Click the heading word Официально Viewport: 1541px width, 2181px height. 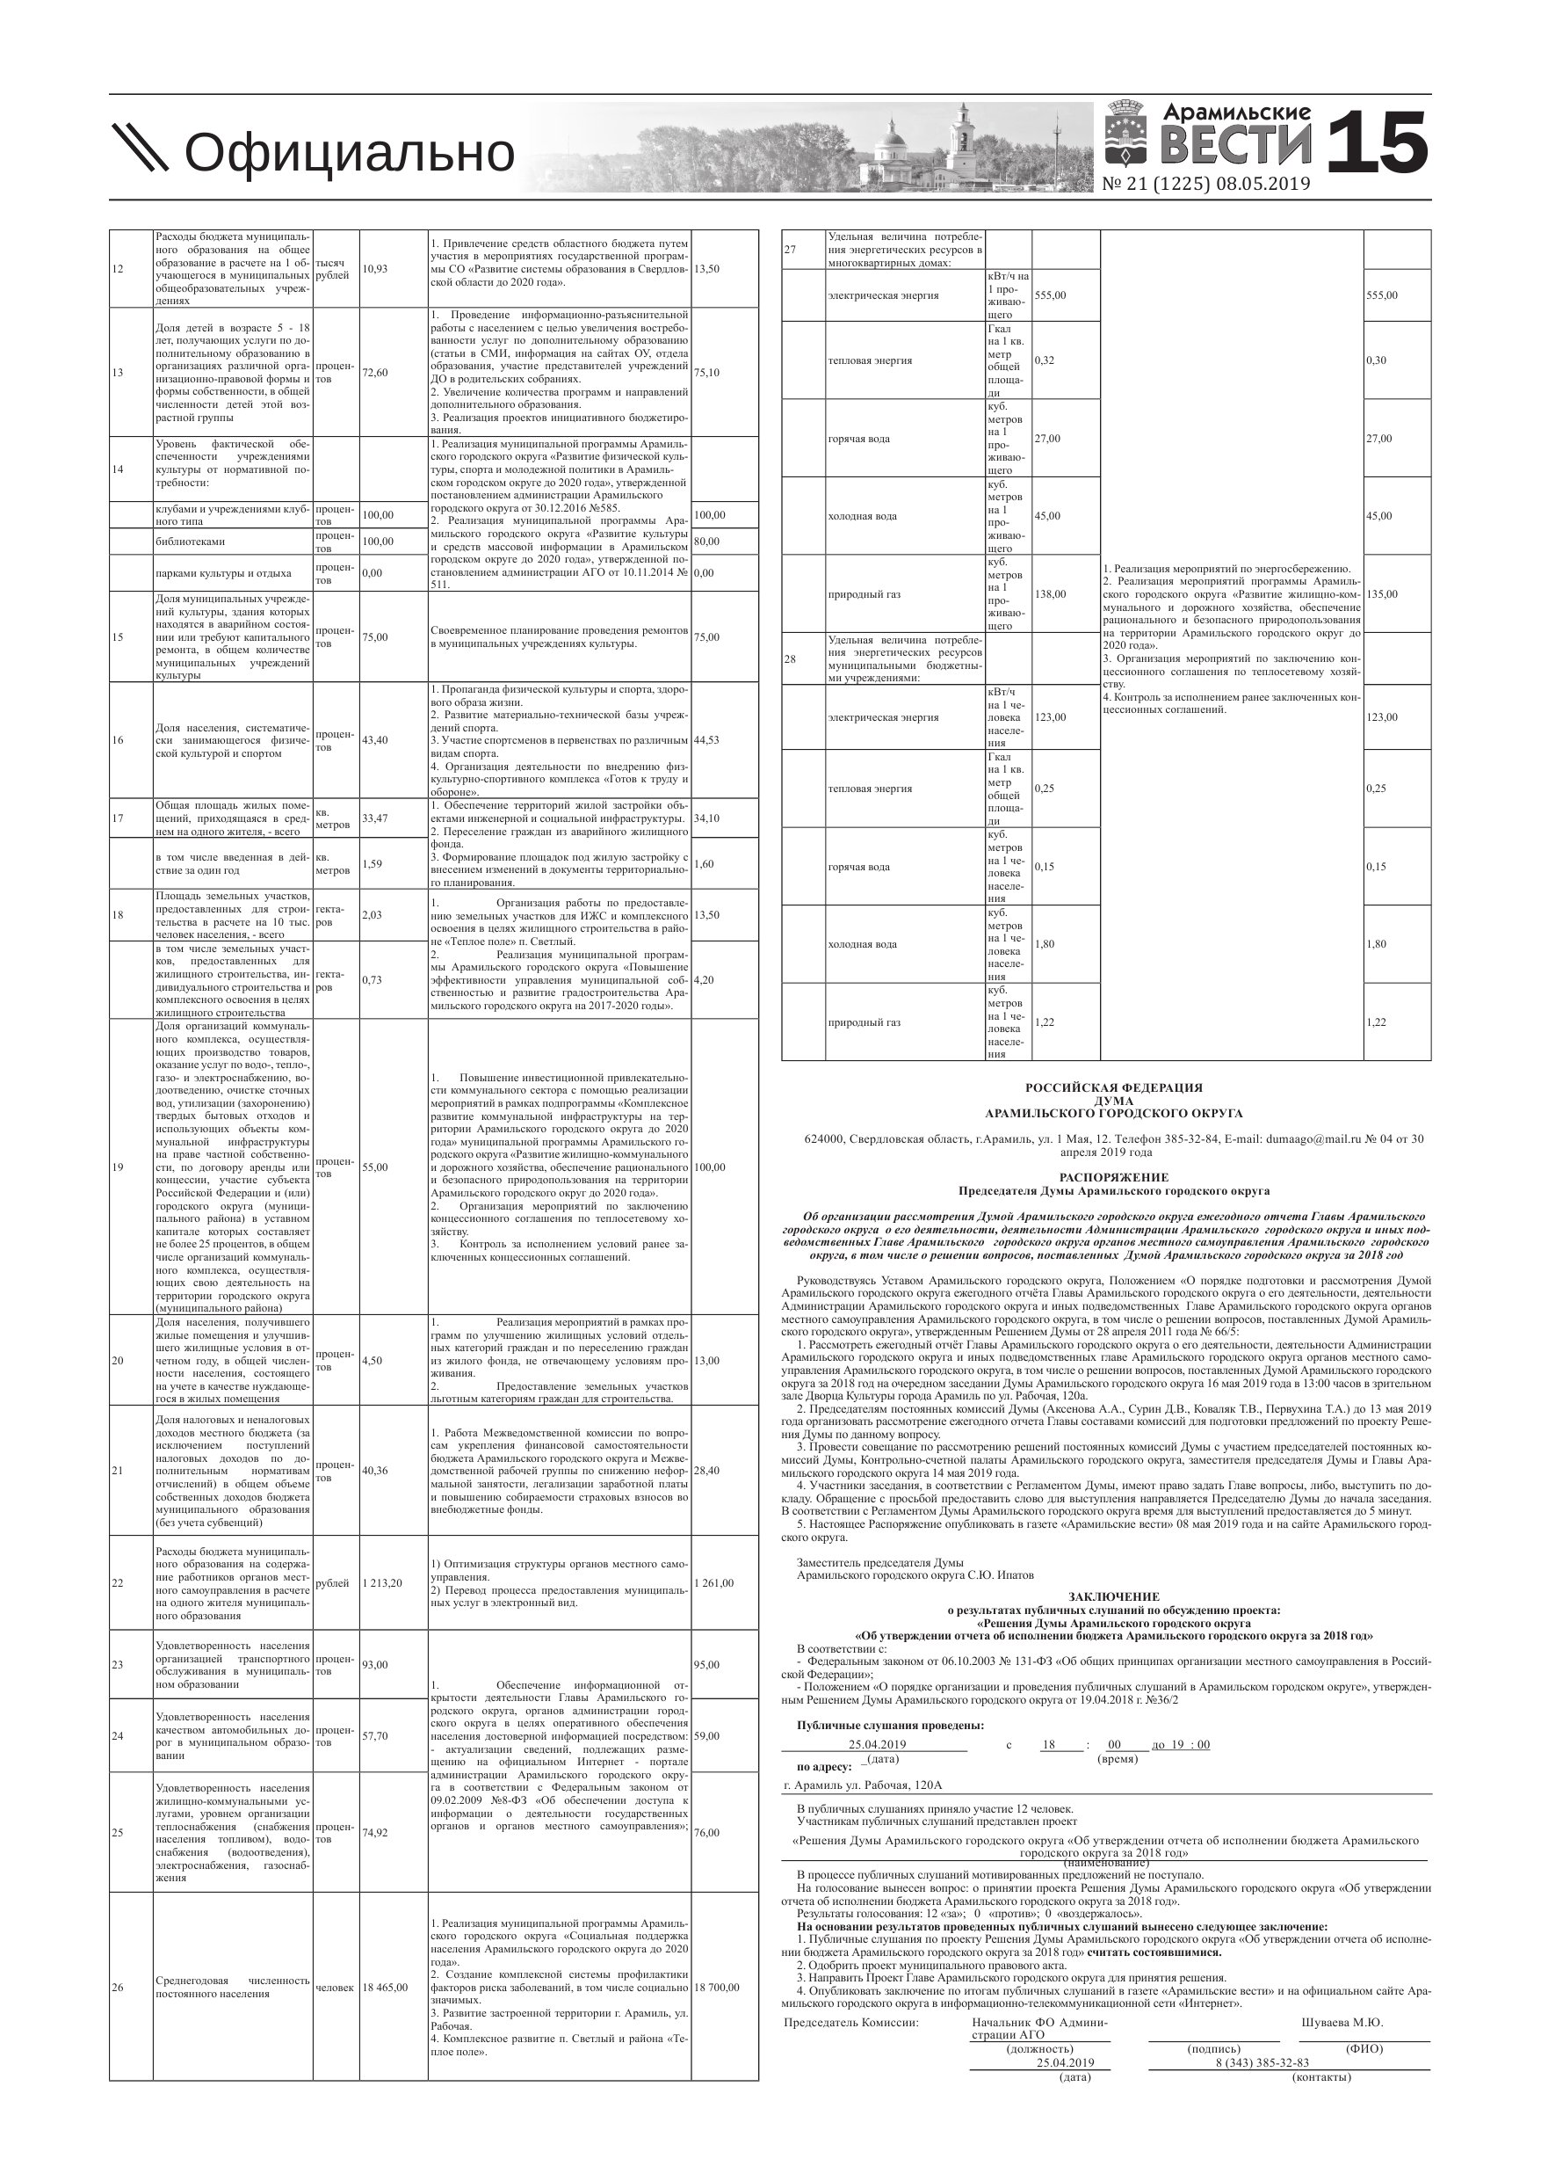[349, 152]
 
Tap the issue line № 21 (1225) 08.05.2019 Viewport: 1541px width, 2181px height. [1206, 185]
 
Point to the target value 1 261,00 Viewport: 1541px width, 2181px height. [714, 1583]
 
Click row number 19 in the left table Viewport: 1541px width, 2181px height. [118, 1167]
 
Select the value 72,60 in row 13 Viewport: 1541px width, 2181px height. [375, 373]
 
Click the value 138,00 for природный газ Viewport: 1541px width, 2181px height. [1050, 593]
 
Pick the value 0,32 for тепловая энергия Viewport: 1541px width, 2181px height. [1045, 360]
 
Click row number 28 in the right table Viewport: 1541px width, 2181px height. [790, 658]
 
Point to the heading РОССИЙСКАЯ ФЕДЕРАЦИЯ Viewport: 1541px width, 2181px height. [1114, 1087]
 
